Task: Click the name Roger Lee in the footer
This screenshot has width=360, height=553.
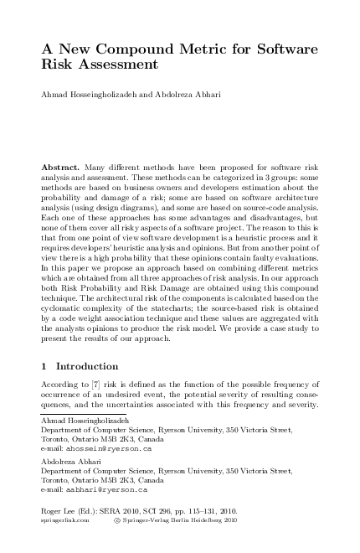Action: (59, 510)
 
